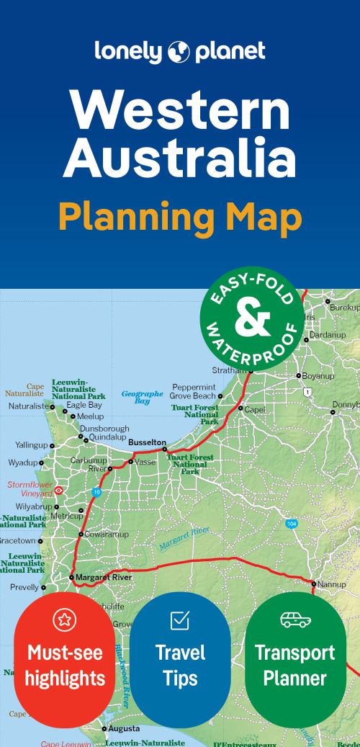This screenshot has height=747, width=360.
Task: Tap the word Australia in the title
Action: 179,159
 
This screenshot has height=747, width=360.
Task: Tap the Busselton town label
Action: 147,442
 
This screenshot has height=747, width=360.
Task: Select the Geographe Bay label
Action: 142,397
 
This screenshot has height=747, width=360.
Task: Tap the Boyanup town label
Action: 318,375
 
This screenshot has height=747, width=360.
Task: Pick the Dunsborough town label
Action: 104,429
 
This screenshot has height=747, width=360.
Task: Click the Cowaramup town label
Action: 107,534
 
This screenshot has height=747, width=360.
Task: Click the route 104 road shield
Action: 290,523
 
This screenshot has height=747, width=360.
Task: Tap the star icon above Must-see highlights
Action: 64,619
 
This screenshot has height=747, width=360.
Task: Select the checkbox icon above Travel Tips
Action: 179,619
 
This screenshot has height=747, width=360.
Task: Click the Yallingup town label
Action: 31,445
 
